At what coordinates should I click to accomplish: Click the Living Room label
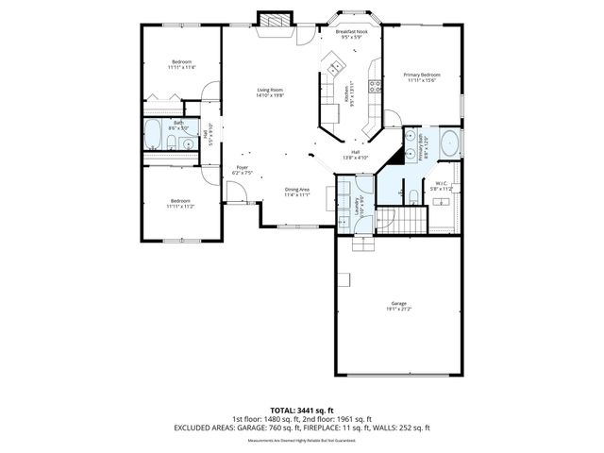(270, 91)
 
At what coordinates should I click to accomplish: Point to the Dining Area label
(297, 190)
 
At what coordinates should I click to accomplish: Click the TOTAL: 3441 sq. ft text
(301, 410)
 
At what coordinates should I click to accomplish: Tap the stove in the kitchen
(374, 86)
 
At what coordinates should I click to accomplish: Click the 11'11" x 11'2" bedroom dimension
(180, 206)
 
